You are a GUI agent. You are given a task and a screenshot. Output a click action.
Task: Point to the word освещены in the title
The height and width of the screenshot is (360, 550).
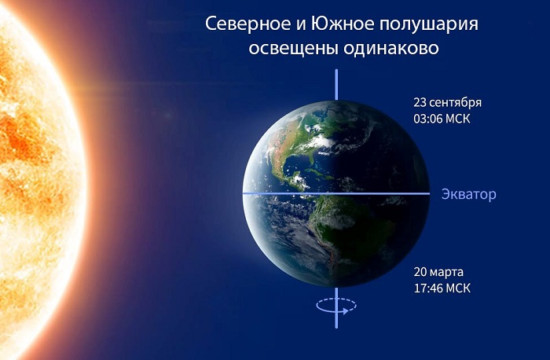pos(293,48)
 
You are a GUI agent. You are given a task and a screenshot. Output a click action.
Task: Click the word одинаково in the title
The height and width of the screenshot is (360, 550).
pos(391,48)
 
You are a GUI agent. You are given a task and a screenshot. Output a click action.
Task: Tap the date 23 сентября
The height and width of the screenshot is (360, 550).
pos(448,102)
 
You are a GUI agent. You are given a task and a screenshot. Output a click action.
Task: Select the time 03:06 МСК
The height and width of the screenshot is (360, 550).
pos(442,119)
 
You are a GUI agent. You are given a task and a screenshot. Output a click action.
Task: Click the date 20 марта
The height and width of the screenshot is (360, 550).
pos(438,272)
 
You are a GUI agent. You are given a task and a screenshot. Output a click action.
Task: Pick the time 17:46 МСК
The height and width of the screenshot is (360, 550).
pos(442,288)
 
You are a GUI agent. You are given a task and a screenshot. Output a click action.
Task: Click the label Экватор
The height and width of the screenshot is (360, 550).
pos(468,194)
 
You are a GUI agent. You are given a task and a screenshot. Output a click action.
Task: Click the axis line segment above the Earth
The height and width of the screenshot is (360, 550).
pos(336,85)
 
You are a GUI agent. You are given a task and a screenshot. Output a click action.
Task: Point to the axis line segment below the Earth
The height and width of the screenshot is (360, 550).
pos(336,308)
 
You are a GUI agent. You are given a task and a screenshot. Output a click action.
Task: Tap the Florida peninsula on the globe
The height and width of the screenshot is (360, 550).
pos(313,160)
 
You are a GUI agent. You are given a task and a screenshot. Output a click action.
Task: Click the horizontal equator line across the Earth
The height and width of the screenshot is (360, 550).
pos(336,193)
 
